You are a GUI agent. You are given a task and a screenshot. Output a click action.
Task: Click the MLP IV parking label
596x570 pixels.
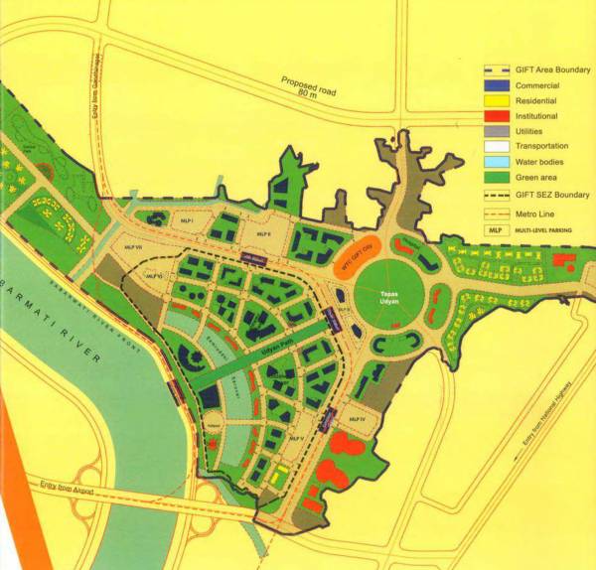pos(358,420)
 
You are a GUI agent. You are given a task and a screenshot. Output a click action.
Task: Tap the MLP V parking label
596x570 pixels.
pos(295,438)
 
